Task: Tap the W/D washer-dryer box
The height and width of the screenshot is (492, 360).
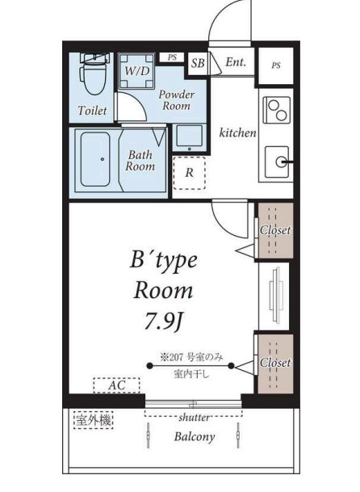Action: coord(136,72)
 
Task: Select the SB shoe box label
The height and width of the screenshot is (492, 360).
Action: coord(198,63)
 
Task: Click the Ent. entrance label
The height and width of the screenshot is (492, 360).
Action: coord(236,61)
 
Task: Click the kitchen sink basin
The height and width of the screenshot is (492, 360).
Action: coord(277,162)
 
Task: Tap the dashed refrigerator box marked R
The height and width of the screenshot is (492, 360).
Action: coord(189,173)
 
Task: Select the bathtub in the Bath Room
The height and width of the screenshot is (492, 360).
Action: coord(95,159)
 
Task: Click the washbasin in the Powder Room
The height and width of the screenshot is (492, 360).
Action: coord(189,137)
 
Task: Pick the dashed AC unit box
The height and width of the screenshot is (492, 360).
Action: coord(117,385)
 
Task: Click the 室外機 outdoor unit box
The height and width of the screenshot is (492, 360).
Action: coord(94,420)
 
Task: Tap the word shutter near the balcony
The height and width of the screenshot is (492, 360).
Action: coord(194,418)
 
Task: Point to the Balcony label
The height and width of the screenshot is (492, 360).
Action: coord(195,436)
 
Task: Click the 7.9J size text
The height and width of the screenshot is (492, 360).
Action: coord(163,321)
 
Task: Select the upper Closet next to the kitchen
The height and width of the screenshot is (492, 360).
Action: coord(275,230)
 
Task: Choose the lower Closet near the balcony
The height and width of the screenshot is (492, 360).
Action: coord(275,364)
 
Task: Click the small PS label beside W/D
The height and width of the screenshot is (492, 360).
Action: coord(172,57)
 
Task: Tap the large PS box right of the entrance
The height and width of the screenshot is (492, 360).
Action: coord(275,65)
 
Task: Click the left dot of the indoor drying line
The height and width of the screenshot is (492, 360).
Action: coord(149,365)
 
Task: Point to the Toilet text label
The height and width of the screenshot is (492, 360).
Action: coord(92,111)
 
